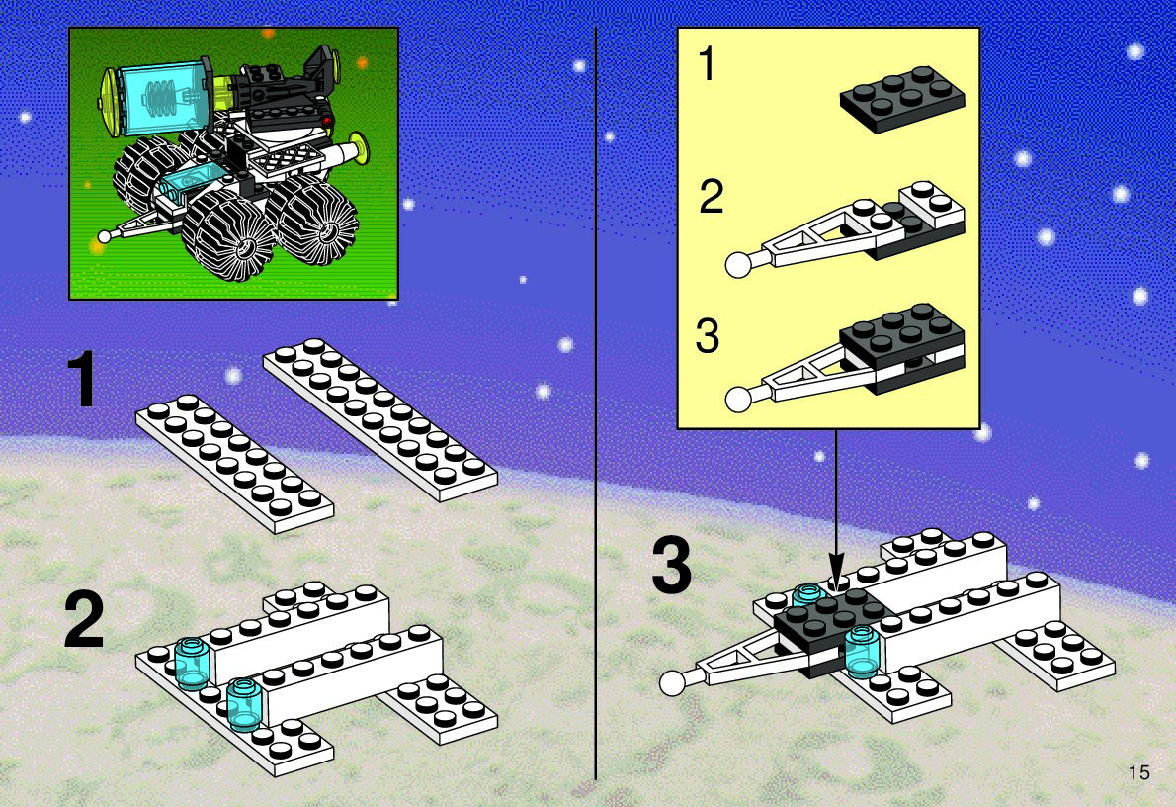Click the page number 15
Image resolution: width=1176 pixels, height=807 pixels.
[x=1138, y=771]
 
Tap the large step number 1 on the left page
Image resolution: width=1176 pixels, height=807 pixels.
[x=82, y=379]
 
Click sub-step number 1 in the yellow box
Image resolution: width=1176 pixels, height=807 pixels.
[x=708, y=63]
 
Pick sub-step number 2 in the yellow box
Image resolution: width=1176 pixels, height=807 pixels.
[x=711, y=196]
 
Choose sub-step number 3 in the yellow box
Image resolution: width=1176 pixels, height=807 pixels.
[x=708, y=336]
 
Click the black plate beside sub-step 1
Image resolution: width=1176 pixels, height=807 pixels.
[x=902, y=98]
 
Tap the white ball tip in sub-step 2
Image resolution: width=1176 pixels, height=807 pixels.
[x=739, y=265]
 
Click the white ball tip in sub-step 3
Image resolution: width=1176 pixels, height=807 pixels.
[x=739, y=399]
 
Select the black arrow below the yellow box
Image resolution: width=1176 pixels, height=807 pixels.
[x=836, y=506]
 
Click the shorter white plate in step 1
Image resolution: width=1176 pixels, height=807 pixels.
[x=234, y=463]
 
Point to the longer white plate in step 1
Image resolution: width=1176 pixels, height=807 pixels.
[x=379, y=419]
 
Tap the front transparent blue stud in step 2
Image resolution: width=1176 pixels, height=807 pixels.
[x=243, y=705]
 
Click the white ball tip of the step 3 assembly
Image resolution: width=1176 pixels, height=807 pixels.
[x=673, y=682]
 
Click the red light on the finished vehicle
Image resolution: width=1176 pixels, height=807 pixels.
[x=326, y=120]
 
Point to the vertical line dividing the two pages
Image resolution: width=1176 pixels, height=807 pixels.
[x=596, y=403]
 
